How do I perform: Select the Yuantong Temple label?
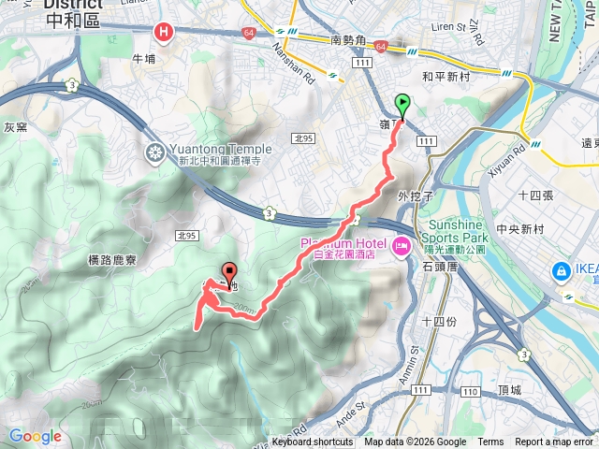(220, 149)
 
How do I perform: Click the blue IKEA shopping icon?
(562, 271)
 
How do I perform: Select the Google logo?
(35, 437)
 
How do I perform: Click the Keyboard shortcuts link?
(313, 442)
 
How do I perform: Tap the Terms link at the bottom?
(490, 442)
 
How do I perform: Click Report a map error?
(555, 442)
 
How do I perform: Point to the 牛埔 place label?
(144, 57)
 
